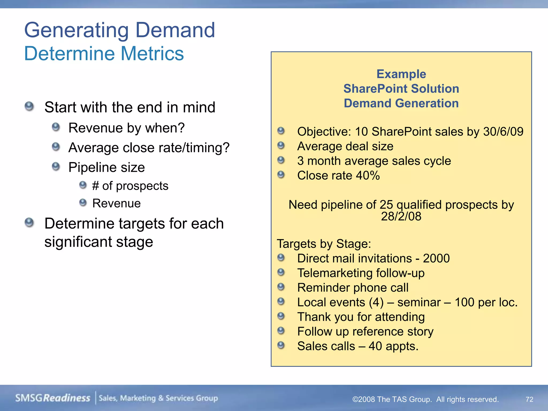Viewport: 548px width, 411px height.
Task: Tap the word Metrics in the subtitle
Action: pyautogui.click(x=152, y=54)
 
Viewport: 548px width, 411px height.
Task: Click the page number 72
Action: pyautogui.click(x=529, y=399)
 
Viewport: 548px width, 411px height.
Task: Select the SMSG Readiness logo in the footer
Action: pyautogui.click(x=53, y=398)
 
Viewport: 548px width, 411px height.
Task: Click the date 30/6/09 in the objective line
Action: pyautogui.click(x=503, y=132)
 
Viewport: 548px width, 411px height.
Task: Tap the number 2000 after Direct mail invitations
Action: pyautogui.click(x=436, y=258)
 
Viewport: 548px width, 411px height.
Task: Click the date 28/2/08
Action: pyautogui.click(x=401, y=216)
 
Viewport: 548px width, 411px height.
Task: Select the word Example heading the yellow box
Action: pyautogui.click(x=401, y=74)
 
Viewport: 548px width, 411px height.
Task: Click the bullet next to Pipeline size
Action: pyautogui.click(x=56, y=166)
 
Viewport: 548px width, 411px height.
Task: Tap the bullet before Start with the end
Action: pyautogui.click(x=29, y=106)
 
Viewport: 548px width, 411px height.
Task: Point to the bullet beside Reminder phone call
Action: pyautogui.click(x=281, y=287)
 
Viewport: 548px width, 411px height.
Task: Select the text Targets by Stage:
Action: pyautogui.click(x=324, y=244)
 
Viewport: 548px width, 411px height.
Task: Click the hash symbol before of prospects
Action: pyautogui.click(x=96, y=186)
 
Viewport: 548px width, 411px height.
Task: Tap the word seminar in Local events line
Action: pyautogui.click(x=419, y=302)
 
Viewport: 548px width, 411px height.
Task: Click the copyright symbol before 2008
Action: pyautogui.click(x=355, y=399)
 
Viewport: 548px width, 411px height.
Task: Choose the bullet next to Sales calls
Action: pyautogui.click(x=281, y=345)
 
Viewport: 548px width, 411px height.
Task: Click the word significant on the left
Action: pyautogui.click(x=78, y=242)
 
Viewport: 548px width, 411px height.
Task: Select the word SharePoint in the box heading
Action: pyautogui.click(x=375, y=89)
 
